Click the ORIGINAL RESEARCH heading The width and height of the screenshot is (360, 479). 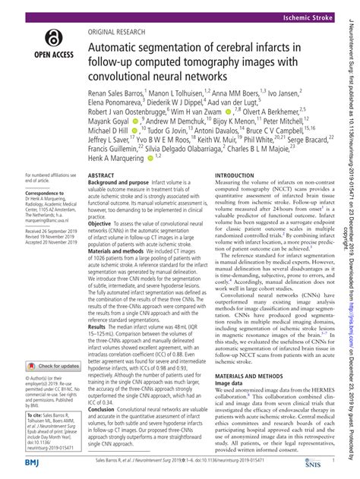(x=122, y=33)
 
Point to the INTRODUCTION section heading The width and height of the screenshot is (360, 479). (x=241, y=197)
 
